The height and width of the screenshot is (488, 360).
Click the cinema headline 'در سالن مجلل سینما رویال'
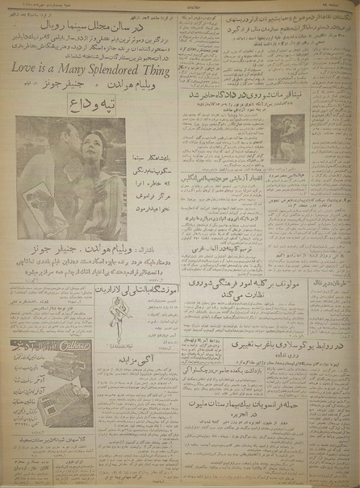coord(99,27)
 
